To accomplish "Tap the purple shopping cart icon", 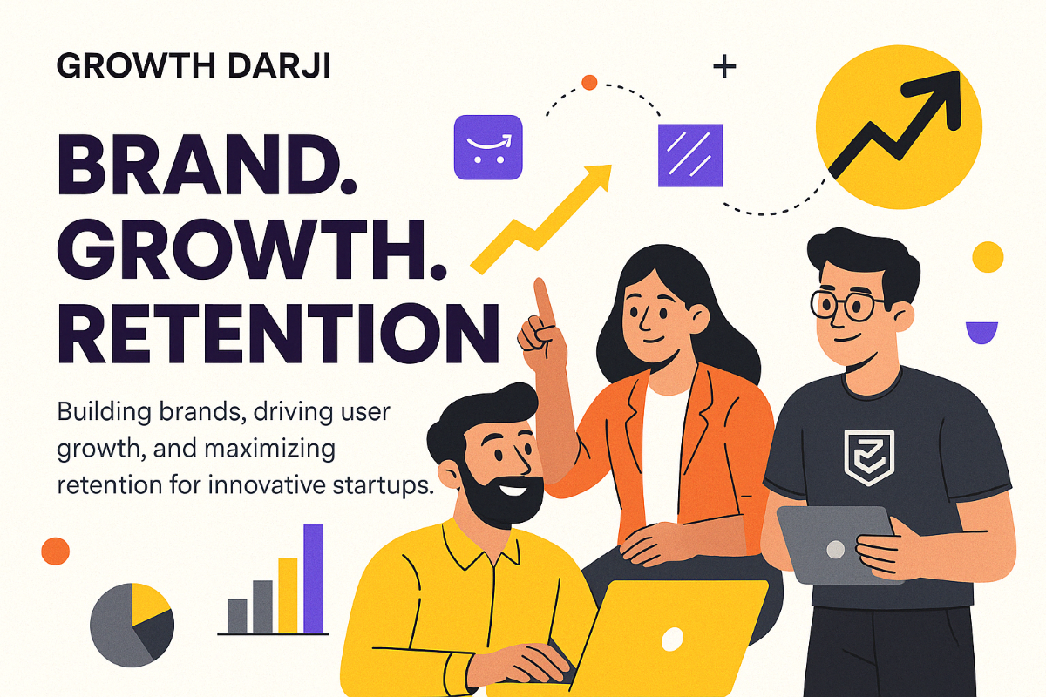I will click(488, 147).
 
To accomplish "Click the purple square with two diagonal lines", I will click(690, 155).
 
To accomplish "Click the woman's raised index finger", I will click(542, 301).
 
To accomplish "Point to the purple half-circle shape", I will click(981, 330).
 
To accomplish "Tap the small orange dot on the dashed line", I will click(589, 83).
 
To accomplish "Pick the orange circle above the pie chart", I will click(55, 551).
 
